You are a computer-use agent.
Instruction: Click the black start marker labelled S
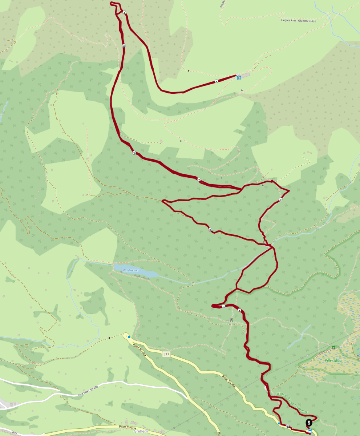309,423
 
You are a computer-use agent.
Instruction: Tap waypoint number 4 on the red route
125,13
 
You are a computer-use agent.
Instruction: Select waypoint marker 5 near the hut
217,82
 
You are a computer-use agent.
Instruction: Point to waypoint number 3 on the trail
134,153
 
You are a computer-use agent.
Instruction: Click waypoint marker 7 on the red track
199,180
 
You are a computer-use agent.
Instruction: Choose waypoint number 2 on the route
281,200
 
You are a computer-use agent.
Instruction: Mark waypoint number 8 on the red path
210,230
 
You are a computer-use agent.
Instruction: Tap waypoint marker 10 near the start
288,427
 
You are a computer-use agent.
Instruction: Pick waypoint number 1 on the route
239,311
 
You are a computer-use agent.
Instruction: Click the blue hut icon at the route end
239,77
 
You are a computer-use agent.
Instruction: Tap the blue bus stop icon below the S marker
310,431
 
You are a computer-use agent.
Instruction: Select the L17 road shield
166,354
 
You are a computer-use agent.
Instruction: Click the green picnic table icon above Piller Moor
333,348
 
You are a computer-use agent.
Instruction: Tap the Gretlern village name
140,432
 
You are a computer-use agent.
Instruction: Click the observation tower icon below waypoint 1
231,320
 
